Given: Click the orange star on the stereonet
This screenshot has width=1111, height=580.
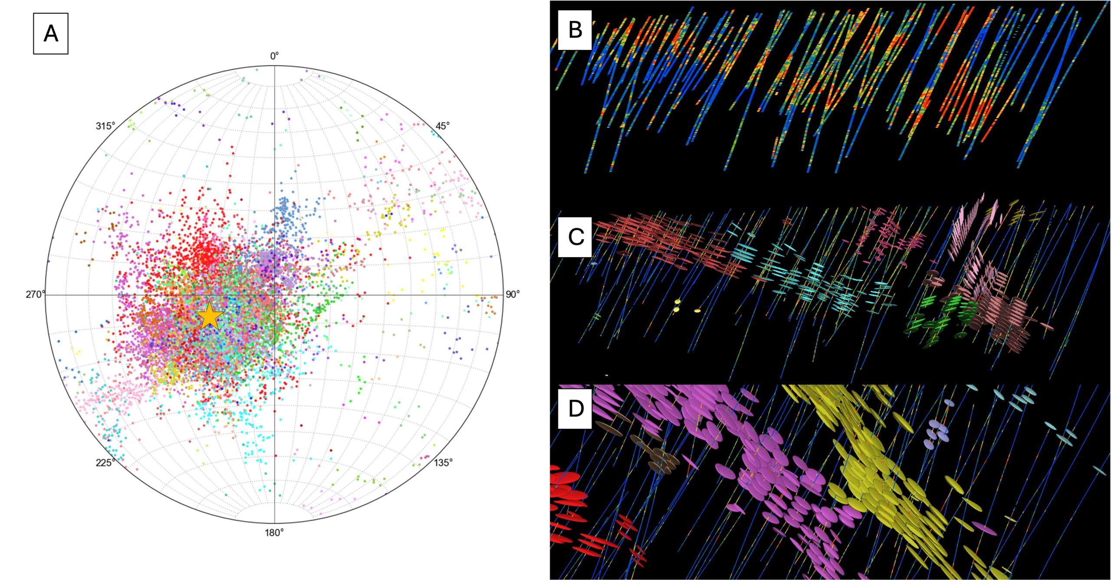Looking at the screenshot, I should tap(210, 316).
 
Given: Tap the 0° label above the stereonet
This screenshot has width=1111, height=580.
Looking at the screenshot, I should tap(274, 56).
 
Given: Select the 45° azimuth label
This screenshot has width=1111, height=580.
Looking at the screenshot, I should tap(442, 126).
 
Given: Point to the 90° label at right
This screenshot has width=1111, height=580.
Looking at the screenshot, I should tap(512, 294).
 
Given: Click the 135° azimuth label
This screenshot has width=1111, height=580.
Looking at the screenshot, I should tap(443, 463).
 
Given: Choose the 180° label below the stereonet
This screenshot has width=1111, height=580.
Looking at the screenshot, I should tap(274, 532).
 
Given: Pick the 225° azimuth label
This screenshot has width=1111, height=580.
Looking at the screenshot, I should tap(105, 463).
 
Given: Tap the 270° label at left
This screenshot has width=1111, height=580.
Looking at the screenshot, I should tap(35, 294).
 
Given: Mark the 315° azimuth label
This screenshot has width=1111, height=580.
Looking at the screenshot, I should tap(105, 126).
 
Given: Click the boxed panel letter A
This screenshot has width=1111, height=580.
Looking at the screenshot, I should tap(51, 33).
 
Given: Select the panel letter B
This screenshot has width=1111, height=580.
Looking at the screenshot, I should tap(575, 30).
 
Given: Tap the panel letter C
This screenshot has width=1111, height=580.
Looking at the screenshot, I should tap(575, 237).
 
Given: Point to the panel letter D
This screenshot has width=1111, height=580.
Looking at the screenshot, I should tap(575, 408).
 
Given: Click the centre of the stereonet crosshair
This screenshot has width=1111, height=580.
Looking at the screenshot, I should tap(274, 295).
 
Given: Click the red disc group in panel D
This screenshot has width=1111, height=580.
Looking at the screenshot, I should tap(569, 503).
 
